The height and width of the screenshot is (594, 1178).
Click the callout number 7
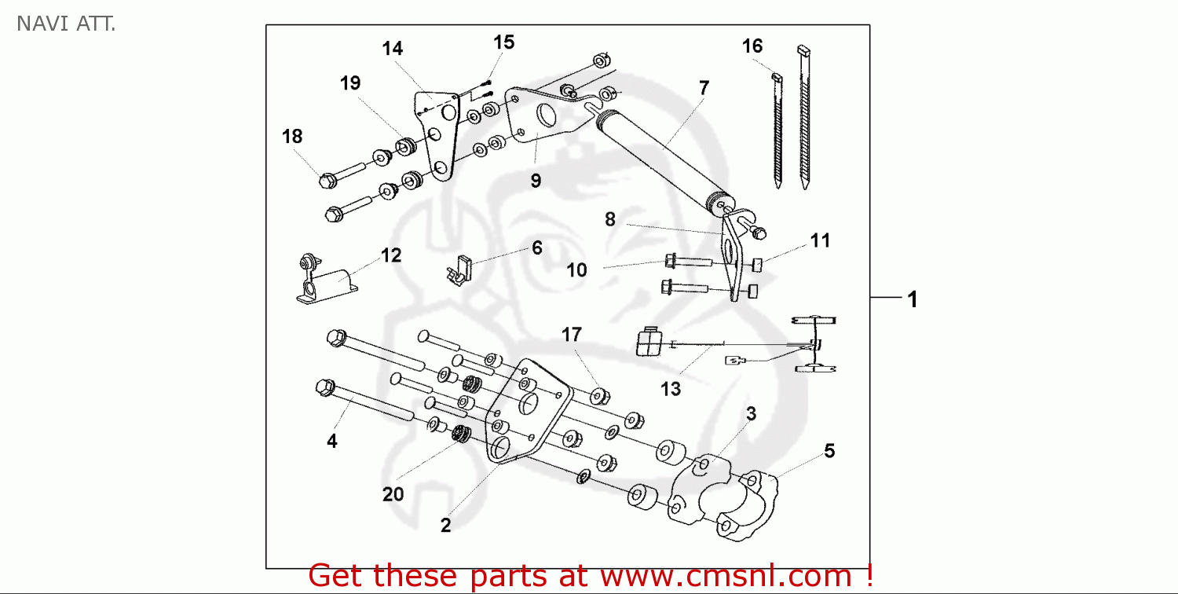tap(704, 88)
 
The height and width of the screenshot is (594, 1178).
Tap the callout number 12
tap(391, 255)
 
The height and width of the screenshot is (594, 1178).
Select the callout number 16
tap(752, 46)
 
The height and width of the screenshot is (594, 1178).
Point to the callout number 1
tap(913, 299)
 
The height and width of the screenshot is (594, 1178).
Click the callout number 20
tap(393, 494)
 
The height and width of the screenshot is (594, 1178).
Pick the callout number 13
tap(671, 388)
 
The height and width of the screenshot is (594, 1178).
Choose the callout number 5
tap(829, 451)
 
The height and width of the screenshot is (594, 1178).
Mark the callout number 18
tap(292, 137)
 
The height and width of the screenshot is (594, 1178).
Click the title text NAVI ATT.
tap(66, 24)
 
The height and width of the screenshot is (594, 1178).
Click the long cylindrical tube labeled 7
tap(664, 157)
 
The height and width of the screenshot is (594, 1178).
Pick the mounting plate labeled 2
tap(522, 412)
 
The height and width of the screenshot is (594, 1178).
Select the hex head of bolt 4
tap(324, 387)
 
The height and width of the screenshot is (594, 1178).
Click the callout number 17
tap(571, 335)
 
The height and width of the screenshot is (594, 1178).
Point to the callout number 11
tap(820, 241)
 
